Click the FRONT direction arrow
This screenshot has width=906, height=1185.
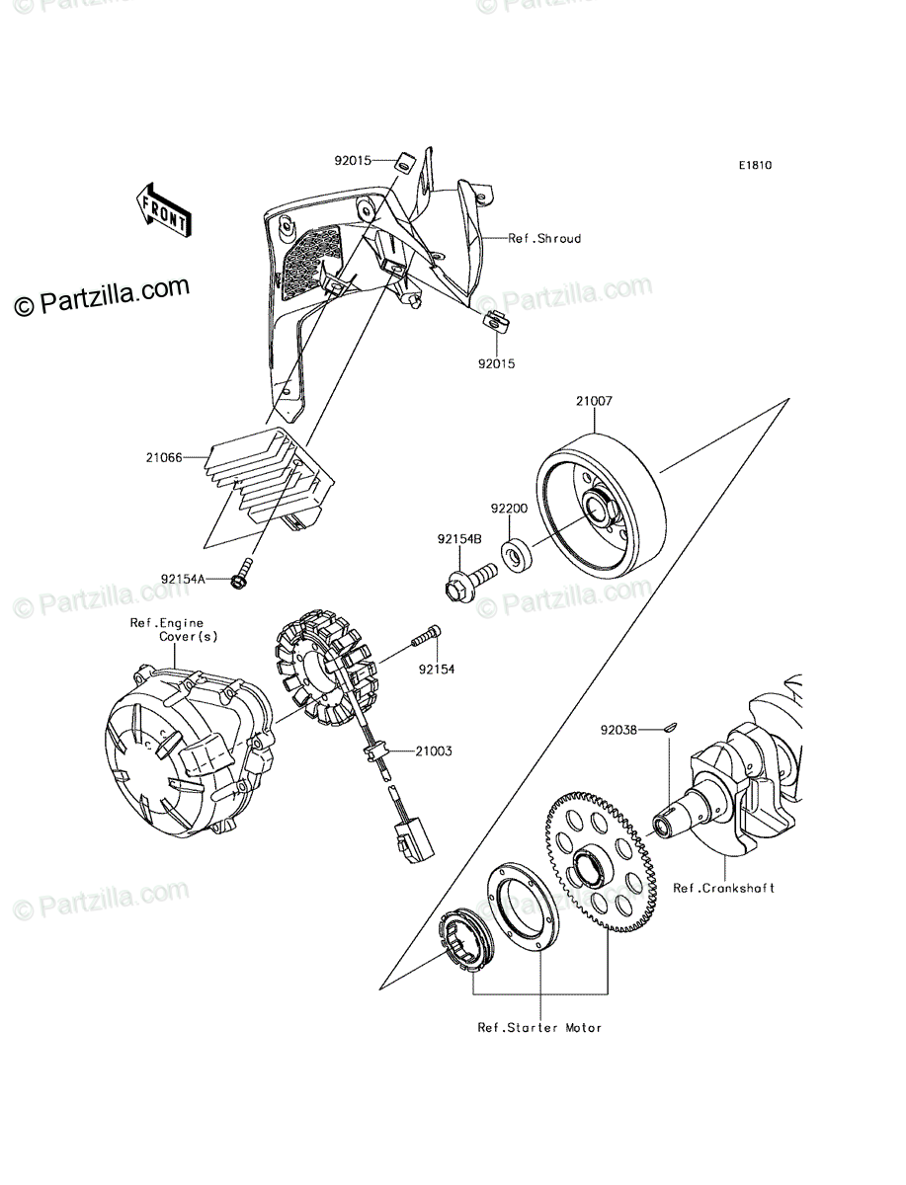coord(163,210)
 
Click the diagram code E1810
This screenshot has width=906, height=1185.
coord(755,166)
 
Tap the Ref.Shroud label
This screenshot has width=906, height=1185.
coord(544,239)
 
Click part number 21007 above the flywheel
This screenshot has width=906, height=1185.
coord(595,403)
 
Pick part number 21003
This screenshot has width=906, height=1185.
coord(434,751)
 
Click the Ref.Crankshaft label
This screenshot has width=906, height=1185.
coord(724,888)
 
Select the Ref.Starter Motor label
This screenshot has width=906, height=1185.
coord(539,1028)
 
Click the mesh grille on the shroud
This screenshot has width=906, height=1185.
coord(307,263)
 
